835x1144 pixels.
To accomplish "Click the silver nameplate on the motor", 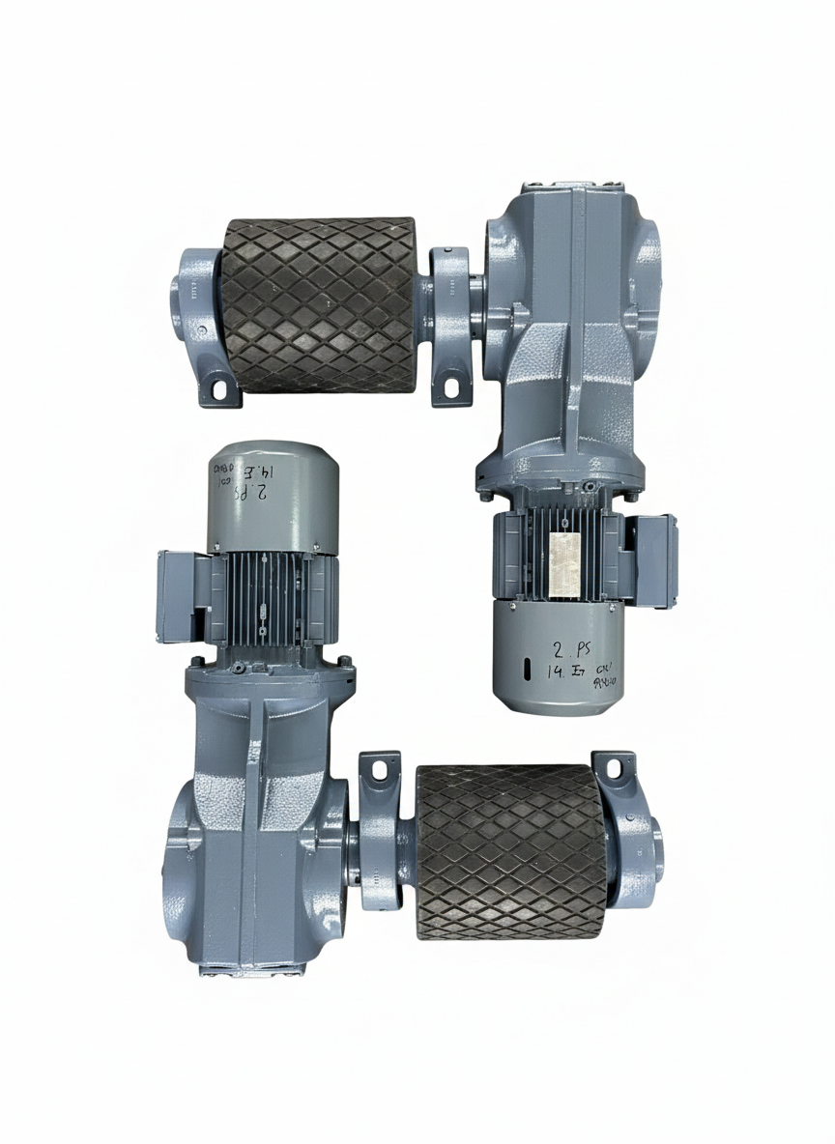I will coord(561,562).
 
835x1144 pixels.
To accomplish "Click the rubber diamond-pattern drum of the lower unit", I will coord(511,851).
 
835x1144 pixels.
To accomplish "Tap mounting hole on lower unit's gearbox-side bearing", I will coord(380,768).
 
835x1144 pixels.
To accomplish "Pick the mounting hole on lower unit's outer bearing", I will coord(612,767).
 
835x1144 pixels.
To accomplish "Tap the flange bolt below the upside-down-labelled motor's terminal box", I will coord(197,662).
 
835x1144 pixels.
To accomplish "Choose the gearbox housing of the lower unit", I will coord(256,821).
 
